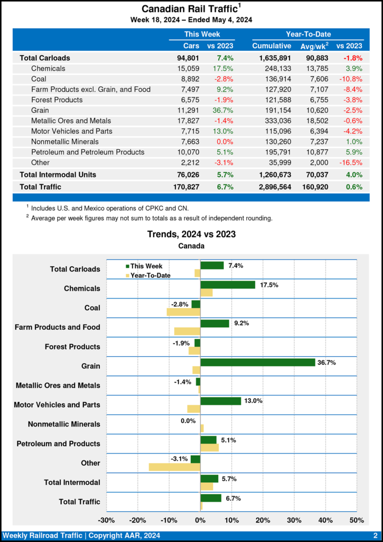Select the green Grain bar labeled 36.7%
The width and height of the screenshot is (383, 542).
coord(257,362)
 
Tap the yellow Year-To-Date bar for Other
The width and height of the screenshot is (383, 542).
coord(174,467)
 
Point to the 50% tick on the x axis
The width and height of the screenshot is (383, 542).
coord(357,520)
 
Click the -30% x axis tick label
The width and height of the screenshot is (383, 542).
coord(107,520)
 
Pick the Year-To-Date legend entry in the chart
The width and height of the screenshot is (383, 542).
coord(150,275)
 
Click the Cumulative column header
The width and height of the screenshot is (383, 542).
coord(272,46)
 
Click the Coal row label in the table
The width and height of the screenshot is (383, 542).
coord(39,79)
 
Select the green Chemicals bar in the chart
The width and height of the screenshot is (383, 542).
coord(227,285)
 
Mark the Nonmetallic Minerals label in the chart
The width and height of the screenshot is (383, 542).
coord(64,424)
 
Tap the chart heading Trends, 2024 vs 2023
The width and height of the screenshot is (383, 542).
coord(191,234)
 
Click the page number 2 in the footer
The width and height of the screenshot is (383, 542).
coord(375,536)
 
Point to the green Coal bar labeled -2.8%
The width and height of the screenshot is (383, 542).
coord(195,304)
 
